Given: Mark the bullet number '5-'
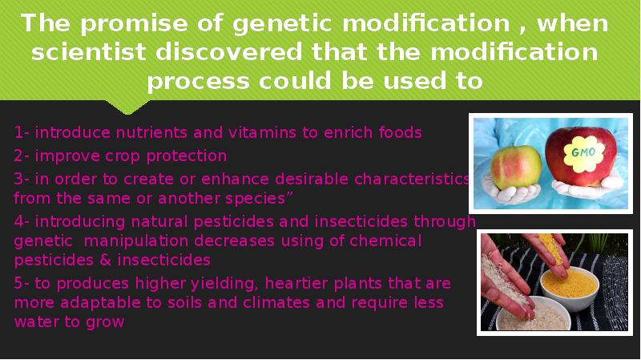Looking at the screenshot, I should click(22, 284).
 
